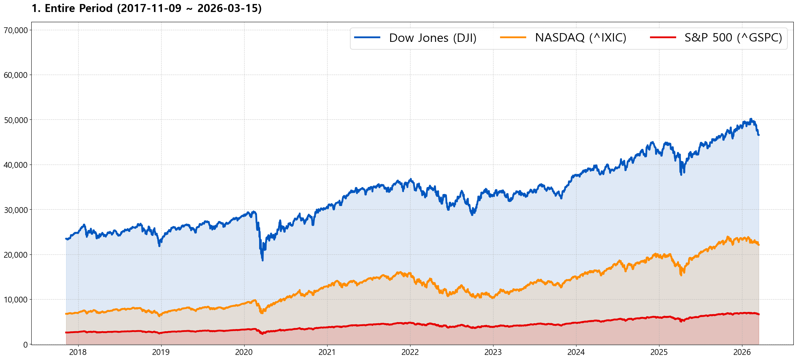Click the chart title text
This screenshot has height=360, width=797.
coord(146,8)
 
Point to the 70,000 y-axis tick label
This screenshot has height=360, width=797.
coord(16,30)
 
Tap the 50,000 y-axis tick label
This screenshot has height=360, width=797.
coord(16,120)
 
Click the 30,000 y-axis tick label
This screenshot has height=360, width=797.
coord(16,210)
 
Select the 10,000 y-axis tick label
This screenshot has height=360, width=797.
coord(16,300)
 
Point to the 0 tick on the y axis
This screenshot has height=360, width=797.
coord(25,345)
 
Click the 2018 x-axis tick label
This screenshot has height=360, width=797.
coord(78,352)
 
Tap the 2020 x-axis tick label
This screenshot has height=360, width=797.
coord(244,352)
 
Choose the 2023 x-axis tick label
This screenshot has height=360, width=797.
coord(493,352)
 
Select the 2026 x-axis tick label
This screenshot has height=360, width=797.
coord(742,352)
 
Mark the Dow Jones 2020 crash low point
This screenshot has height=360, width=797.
coord(262,260)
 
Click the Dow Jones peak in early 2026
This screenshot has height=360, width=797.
coord(750,119)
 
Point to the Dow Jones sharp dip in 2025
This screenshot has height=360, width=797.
coord(681,174)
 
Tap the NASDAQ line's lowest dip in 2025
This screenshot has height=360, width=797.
coord(681,275)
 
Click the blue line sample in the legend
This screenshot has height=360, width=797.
coord(367,37)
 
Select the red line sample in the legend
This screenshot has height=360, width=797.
coord(663,37)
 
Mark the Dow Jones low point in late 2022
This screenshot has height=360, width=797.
coord(472,214)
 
